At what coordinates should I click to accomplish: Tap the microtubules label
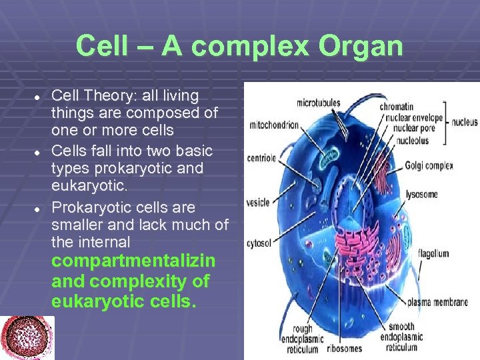coord(318,103)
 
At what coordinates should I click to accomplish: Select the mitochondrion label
coord(274,125)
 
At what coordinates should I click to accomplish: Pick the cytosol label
coord(259,243)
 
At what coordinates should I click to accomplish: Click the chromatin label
coord(397,106)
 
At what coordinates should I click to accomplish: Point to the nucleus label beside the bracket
coord(464,123)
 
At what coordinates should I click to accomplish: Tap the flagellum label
coord(433,254)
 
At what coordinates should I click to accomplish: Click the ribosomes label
coord(345,349)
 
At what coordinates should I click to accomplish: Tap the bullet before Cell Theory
coord(38,97)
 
